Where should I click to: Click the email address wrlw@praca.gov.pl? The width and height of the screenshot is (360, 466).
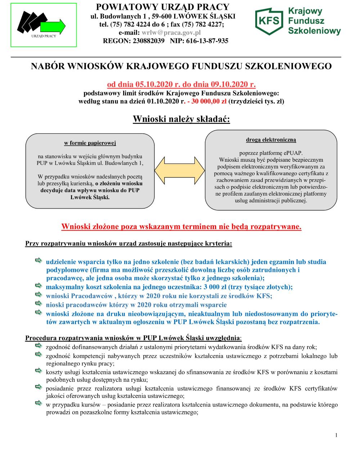pyautogui.click(x=171, y=32)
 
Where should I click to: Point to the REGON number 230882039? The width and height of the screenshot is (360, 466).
pyautogui.click(x=141, y=41)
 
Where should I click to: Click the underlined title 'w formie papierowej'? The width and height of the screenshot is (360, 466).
pyautogui.click(x=90, y=143)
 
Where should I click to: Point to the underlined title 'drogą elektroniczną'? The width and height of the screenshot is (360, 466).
pyautogui.click(x=271, y=139)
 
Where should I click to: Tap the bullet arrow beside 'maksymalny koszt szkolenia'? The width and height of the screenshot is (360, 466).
pyautogui.click(x=39, y=286)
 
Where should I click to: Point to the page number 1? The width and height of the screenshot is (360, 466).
pyautogui.click(x=336, y=435)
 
